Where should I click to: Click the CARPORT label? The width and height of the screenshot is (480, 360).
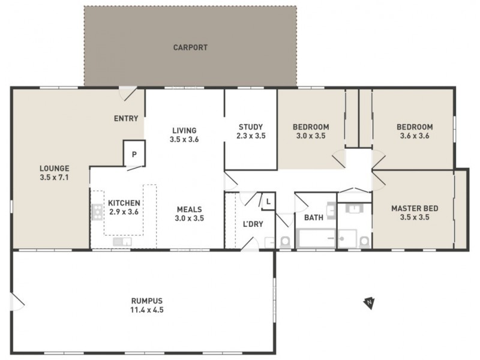tap(190, 47)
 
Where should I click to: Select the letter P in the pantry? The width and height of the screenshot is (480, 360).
tap(134, 154)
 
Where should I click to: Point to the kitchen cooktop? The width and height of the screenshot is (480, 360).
tap(97, 211)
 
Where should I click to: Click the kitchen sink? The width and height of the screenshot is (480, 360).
tap(122, 241)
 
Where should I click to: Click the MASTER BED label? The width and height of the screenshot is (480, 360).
tap(415, 209)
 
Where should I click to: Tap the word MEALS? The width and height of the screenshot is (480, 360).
tap(190, 209)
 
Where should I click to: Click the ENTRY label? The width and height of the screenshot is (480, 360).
tap(126, 118)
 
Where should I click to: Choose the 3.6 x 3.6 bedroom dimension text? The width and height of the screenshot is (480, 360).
tap(414, 136)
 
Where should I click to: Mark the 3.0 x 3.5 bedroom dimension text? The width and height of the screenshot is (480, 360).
tap(311, 136)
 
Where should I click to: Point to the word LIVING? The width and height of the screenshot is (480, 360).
tap(184, 130)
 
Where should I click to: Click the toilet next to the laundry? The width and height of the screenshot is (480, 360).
tap(285, 241)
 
